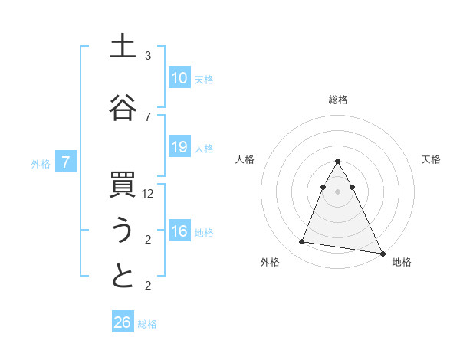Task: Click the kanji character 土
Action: coord(123,46)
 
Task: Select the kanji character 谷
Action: coord(123,107)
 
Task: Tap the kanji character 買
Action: coord(123,187)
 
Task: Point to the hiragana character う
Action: coord(123,231)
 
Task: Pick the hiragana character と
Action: coord(123,277)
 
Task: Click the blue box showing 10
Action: coord(179,78)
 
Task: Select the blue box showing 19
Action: coord(179,147)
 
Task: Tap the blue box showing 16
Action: coord(179,232)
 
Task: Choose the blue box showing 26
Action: coord(123,322)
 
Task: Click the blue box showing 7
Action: coord(67,162)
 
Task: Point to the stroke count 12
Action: coord(149,194)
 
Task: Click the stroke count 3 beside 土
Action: coord(148,56)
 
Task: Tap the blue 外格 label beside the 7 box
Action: coord(41,163)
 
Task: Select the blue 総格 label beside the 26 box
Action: coord(147,324)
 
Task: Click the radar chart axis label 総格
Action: coord(338,100)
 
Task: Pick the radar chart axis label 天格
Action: coord(432,159)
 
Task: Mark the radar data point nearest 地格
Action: coord(382,253)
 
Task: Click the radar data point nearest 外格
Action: coord(302,242)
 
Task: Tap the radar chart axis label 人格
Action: coord(245,159)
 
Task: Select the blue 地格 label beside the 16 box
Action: coord(204,233)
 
